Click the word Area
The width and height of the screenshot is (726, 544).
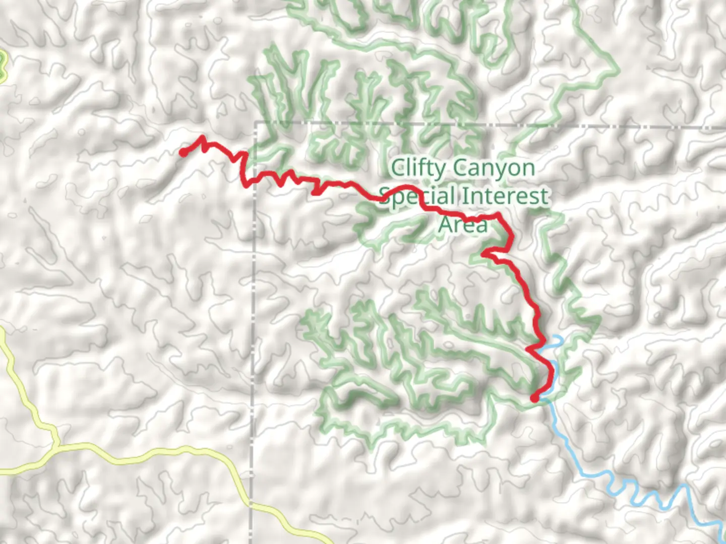pos(463,224)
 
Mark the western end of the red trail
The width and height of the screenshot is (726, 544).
pos(183,152)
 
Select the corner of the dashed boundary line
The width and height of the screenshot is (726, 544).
pos(256,123)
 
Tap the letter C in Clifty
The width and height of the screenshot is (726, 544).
pos(398,168)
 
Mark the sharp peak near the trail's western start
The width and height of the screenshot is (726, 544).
pos(203,137)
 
